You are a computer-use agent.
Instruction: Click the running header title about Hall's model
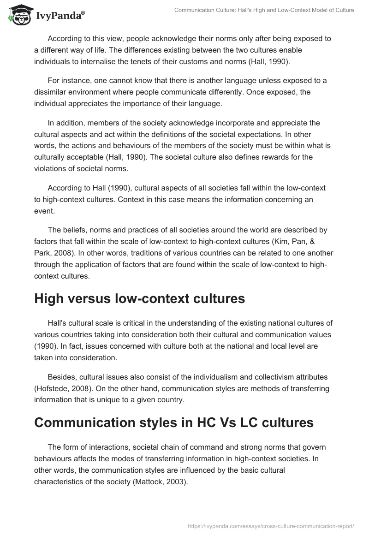click(x=264, y=10)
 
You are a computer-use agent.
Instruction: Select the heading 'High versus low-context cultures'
click(x=139, y=298)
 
